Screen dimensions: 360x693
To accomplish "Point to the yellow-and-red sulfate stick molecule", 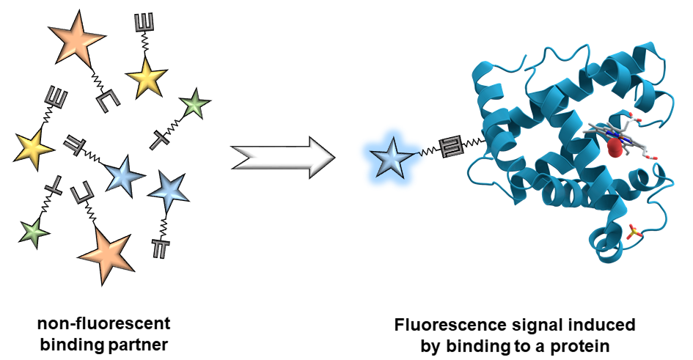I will coord(633,233).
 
